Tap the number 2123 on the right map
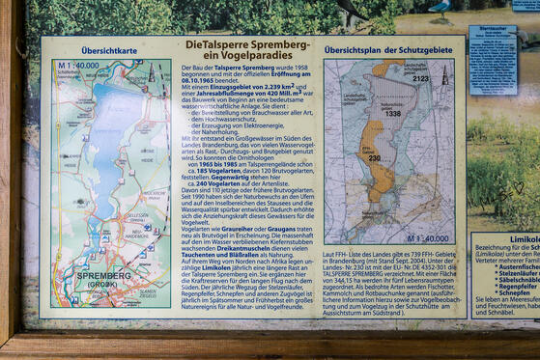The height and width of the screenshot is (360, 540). pos(420,78)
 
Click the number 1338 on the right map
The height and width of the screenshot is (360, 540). pos(391,113)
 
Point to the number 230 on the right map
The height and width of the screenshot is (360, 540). pos(374,157)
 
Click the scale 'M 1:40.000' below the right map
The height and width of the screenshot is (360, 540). pos(426,237)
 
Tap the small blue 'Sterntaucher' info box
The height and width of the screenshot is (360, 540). pos(494,58)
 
